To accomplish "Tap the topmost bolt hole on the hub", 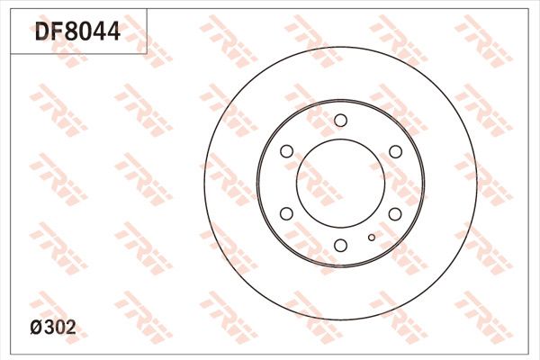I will pyautogui.click(x=340, y=121).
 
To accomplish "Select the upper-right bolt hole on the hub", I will pyautogui.click(x=394, y=151).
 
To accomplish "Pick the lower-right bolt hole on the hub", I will pyautogui.click(x=394, y=213).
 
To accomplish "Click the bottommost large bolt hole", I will pyautogui.click(x=340, y=245).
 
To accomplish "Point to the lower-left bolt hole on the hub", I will pyautogui.click(x=286, y=213).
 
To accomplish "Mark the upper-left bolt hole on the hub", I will pyautogui.click(x=286, y=151).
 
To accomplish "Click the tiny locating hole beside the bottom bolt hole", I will pyautogui.click(x=371, y=238).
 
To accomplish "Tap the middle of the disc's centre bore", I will pyautogui.click(x=340, y=183).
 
